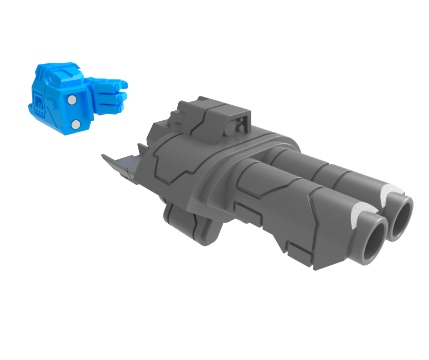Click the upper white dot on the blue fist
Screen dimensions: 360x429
pos(71,100)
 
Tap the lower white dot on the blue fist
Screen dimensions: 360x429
pos(76,124)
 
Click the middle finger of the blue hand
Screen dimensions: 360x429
pos(115,96)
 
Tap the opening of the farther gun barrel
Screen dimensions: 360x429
pos(402,217)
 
